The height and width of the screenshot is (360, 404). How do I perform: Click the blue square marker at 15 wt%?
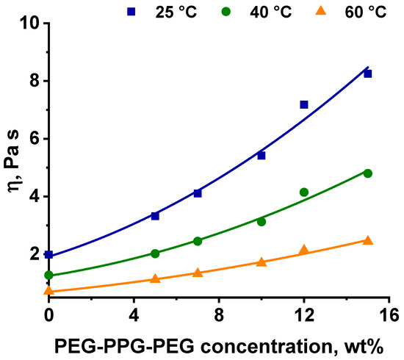(x=367, y=73)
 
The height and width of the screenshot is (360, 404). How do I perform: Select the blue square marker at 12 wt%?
(x=304, y=105)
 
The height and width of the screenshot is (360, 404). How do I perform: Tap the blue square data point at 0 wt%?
(x=48, y=254)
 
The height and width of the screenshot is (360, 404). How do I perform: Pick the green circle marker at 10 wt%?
(x=261, y=221)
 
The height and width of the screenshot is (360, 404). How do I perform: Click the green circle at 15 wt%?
(x=367, y=173)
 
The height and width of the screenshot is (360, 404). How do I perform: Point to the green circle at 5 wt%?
(x=155, y=253)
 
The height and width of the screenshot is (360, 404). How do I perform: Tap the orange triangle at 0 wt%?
(x=48, y=290)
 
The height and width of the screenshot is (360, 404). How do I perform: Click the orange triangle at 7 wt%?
(x=198, y=272)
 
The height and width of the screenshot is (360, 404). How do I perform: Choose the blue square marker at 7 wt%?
(x=198, y=193)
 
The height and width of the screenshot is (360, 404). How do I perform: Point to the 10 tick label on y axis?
(x=31, y=24)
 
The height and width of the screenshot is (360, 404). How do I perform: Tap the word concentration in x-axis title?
(x=263, y=345)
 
